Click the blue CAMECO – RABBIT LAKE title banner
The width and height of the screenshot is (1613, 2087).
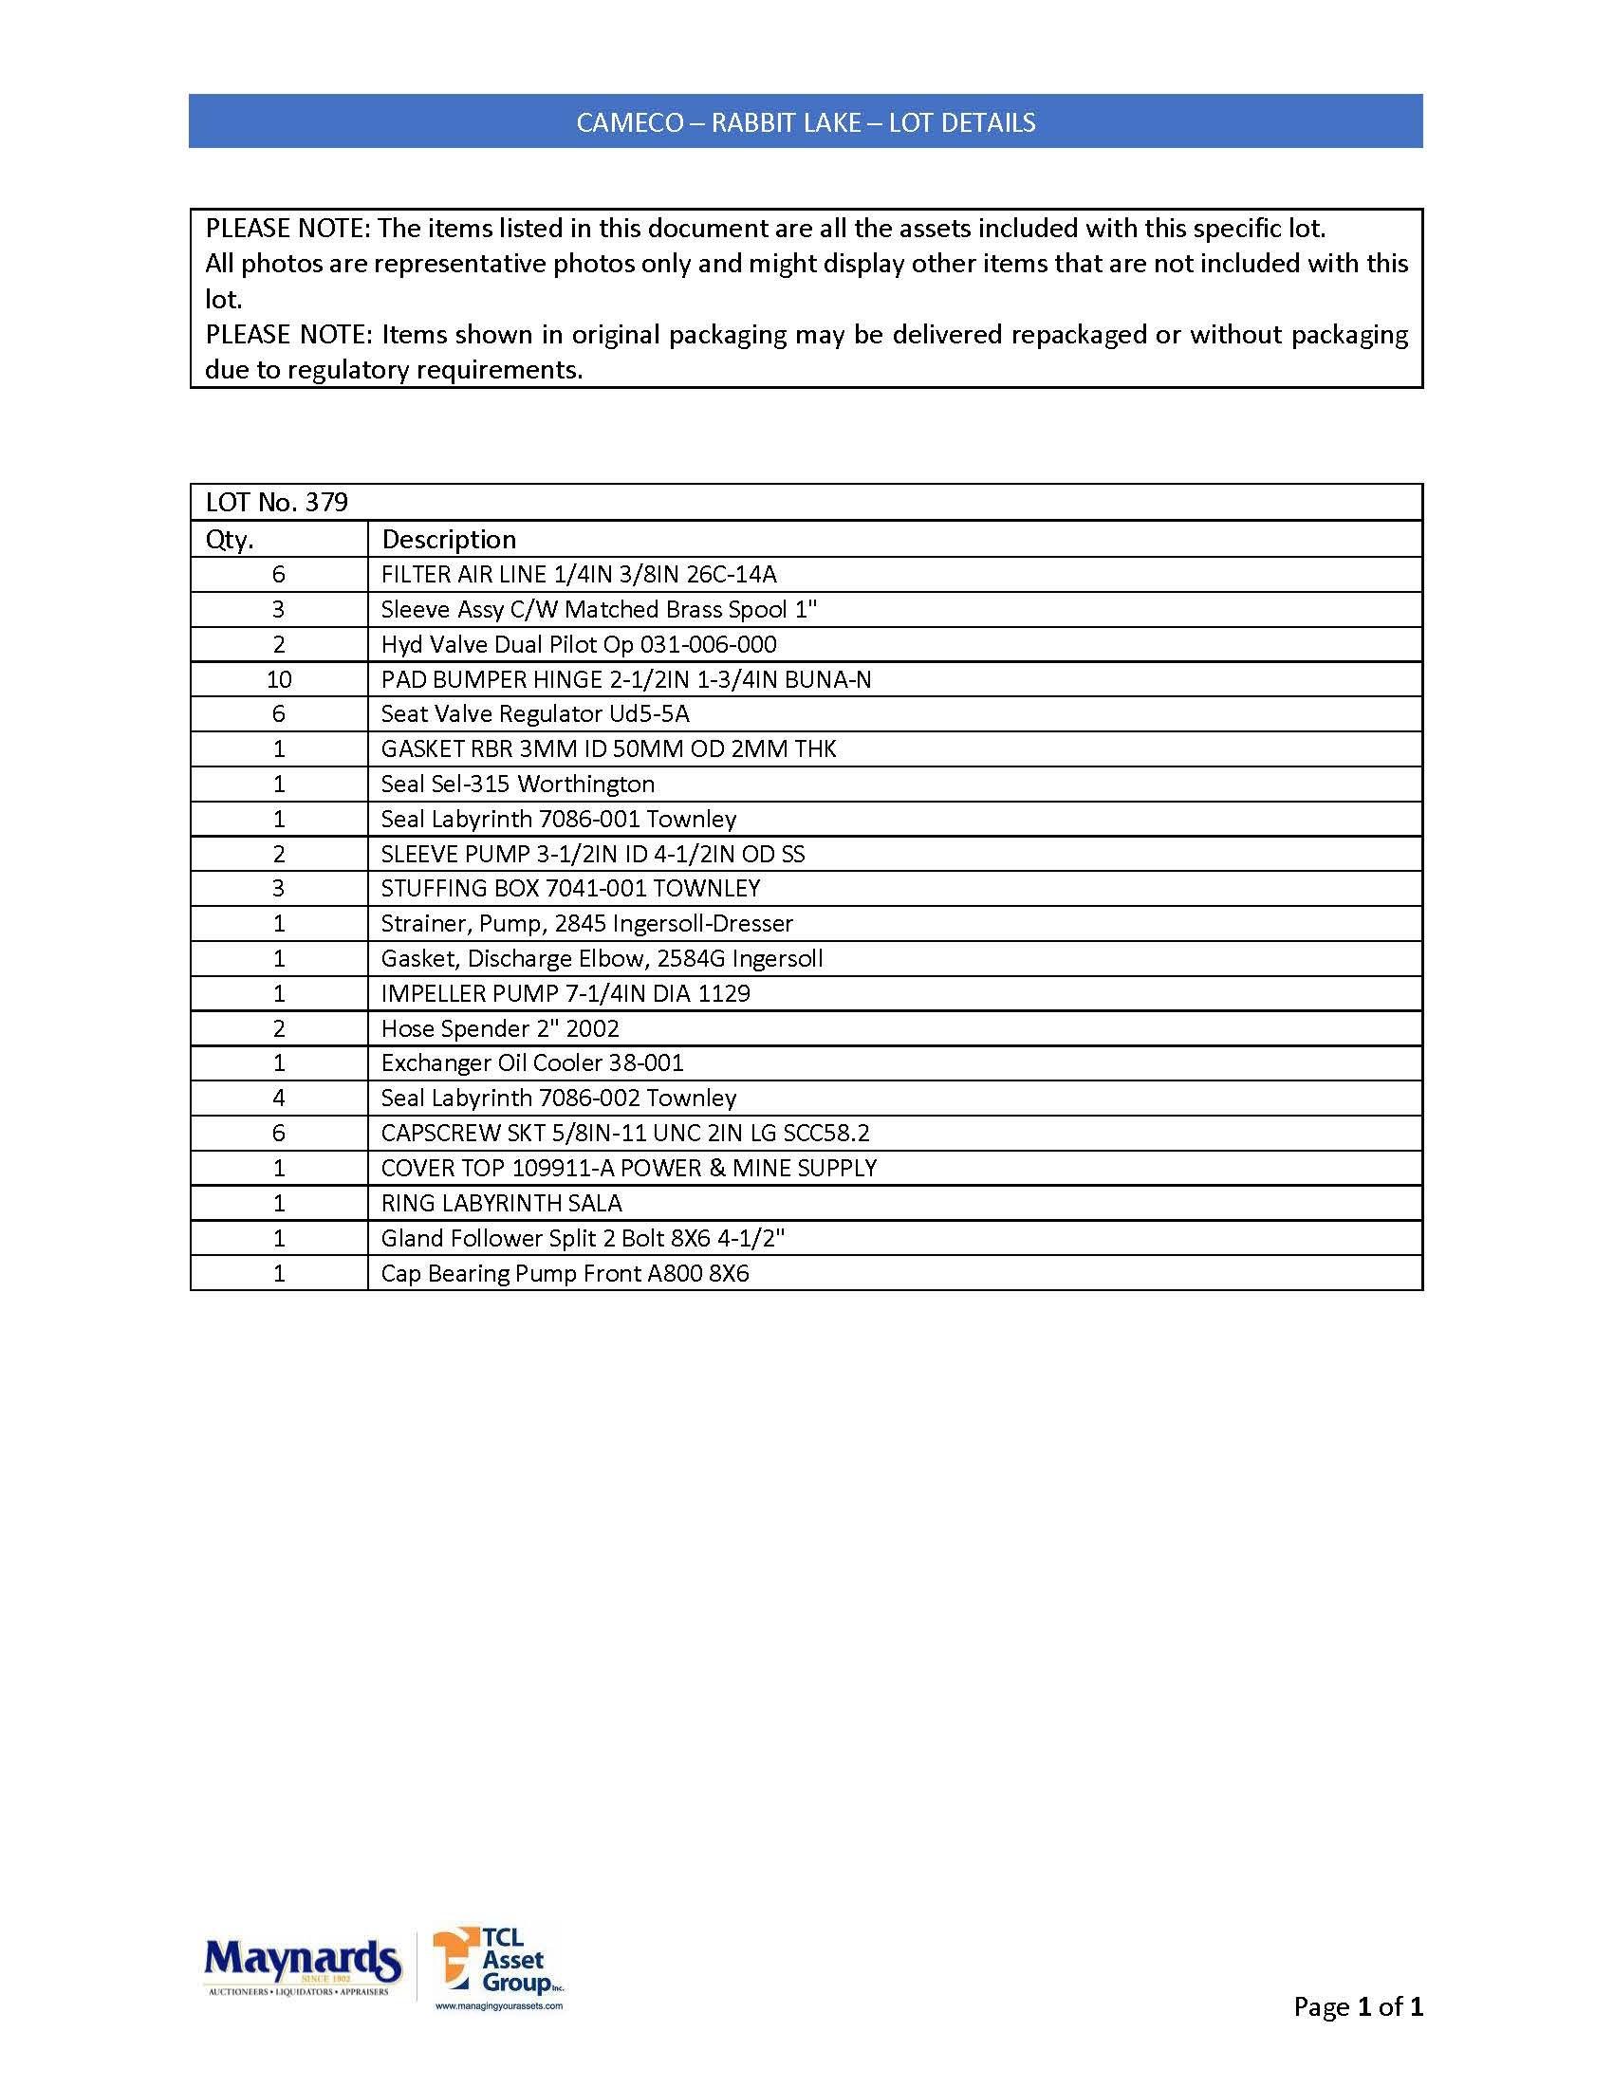coord(806,122)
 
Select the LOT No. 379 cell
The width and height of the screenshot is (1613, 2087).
coord(277,503)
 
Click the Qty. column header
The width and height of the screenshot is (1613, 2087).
coord(231,540)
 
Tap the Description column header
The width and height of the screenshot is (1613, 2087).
coord(449,540)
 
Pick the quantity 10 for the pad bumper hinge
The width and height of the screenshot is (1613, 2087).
coord(279,679)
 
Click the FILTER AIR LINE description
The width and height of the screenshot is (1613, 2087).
coord(579,574)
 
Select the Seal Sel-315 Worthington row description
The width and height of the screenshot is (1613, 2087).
coord(518,785)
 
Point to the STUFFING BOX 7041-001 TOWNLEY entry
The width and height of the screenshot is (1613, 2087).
coord(570,889)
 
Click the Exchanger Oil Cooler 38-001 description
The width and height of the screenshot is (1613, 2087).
coord(532,1063)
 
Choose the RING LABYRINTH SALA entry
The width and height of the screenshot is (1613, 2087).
coord(502,1203)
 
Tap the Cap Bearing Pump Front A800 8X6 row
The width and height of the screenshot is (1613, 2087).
coord(565,1274)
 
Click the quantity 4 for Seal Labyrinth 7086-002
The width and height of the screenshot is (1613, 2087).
coord(279,1099)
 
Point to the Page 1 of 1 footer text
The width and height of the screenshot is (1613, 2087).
coord(1358,2006)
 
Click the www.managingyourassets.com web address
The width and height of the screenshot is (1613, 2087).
coord(499,2005)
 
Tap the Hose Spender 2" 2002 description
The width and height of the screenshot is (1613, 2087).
coord(500,1029)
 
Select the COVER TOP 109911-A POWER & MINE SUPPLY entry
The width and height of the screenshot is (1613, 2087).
coord(629,1169)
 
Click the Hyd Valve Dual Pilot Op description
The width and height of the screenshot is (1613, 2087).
coord(579,645)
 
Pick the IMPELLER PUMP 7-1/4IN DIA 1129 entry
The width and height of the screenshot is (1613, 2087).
coord(565,994)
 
